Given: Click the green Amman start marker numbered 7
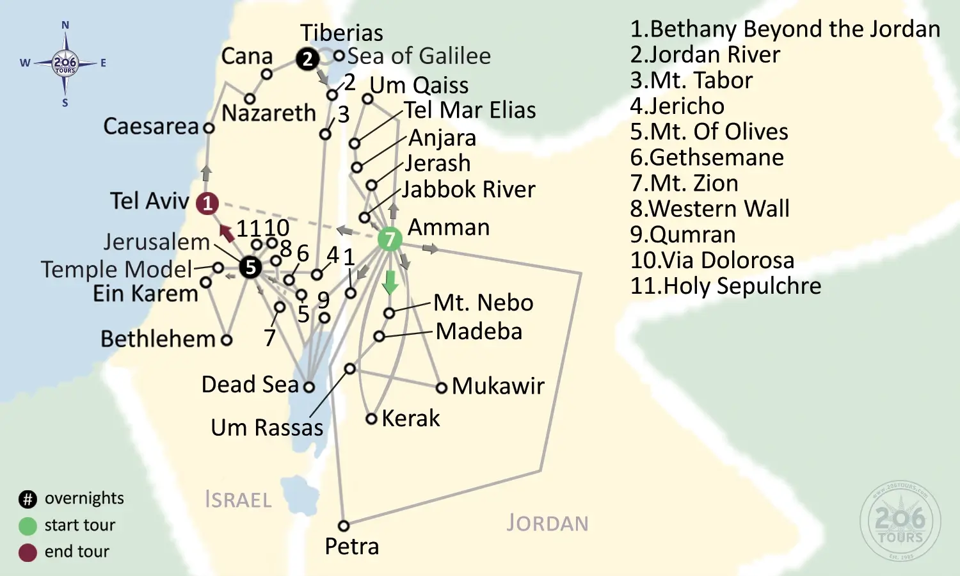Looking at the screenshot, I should point(390,239).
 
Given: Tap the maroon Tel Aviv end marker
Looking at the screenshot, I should point(207,204).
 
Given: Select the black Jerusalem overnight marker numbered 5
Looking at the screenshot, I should point(250,267).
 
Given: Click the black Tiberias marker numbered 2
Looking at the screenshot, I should point(308,59).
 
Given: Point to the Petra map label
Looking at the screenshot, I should point(351,547).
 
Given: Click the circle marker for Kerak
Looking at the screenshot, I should point(371,419).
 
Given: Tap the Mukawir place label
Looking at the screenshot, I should point(498,386).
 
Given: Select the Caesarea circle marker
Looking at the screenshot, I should point(209,128).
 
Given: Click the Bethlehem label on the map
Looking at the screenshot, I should point(157,339).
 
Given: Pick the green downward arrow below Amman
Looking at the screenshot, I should point(390,282).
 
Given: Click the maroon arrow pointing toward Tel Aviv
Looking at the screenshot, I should point(227,233).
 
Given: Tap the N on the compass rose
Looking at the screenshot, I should point(65,26).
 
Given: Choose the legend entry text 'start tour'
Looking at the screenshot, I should point(79,525).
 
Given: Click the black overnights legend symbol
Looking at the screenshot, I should point(28,499).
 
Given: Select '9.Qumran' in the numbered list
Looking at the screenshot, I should point(683,235).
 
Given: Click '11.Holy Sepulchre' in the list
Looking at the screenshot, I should point(725,286).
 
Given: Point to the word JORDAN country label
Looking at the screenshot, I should point(547,524).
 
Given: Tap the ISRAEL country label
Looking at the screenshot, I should point(238,500).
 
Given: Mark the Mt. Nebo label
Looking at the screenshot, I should point(483,303).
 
